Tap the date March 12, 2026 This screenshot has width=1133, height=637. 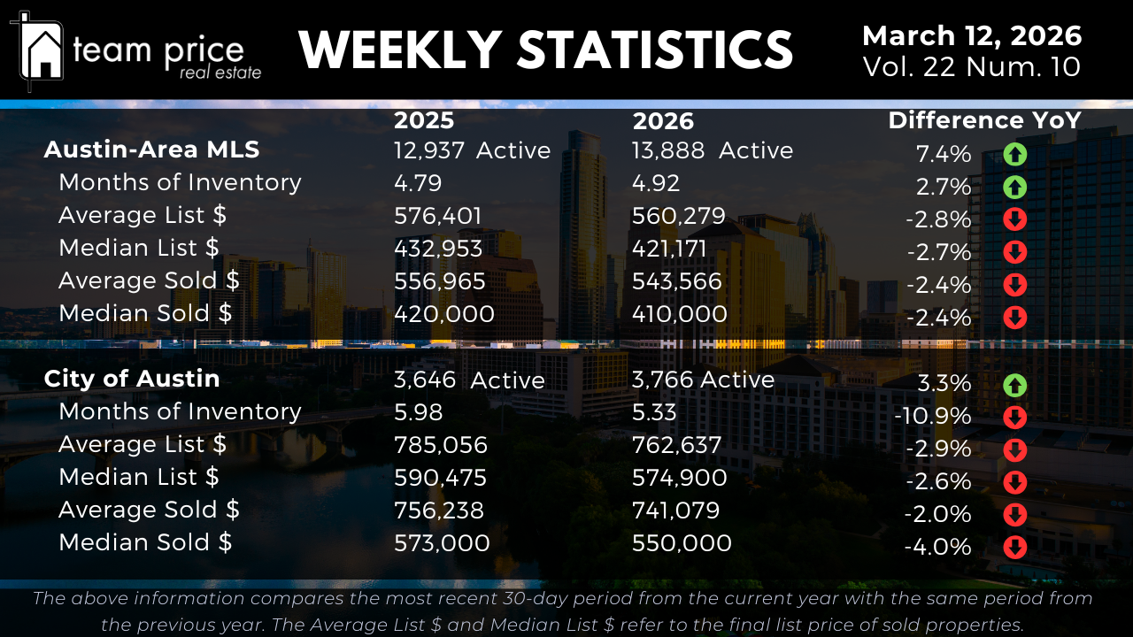point(971,36)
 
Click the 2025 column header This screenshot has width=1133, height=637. point(424,120)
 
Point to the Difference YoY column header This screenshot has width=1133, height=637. point(984,120)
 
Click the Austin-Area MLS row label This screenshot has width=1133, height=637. point(151,150)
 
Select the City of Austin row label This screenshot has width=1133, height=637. point(132,379)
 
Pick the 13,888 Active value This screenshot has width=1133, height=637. point(712,150)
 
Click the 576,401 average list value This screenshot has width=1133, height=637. point(437,216)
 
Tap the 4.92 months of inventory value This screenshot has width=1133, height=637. point(656,183)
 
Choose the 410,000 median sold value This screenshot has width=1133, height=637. point(679,314)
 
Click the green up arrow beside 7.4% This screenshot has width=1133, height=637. point(1014,155)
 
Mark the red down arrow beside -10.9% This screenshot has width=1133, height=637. point(1014,417)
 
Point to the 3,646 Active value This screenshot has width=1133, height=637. point(468,380)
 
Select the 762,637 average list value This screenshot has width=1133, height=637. point(676,445)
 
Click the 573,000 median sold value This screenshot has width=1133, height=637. point(441,542)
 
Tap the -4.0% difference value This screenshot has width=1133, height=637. point(937,547)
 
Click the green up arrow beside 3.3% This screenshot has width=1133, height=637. point(1014,385)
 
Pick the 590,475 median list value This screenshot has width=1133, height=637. point(440,478)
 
